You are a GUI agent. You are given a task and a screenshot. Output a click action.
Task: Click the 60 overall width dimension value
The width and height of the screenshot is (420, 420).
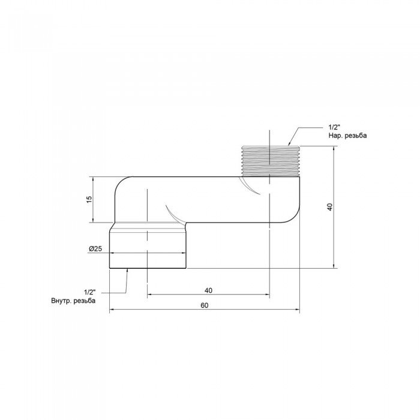(x=204, y=305)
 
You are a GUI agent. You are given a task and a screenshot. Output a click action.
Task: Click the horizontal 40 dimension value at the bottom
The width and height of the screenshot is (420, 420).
(x=208, y=290)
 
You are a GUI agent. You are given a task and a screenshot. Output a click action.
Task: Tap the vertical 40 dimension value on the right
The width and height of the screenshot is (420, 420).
(x=329, y=206)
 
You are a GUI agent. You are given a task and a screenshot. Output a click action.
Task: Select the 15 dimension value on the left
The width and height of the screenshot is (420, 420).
(x=88, y=200)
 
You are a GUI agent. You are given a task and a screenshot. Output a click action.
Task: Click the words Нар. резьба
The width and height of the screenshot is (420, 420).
(x=347, y=136)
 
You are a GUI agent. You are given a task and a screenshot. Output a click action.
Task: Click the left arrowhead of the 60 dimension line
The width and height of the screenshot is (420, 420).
(x=112, y=310)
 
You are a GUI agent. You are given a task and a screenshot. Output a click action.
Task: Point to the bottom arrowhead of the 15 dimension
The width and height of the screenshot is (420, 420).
(x=93, y=221)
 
